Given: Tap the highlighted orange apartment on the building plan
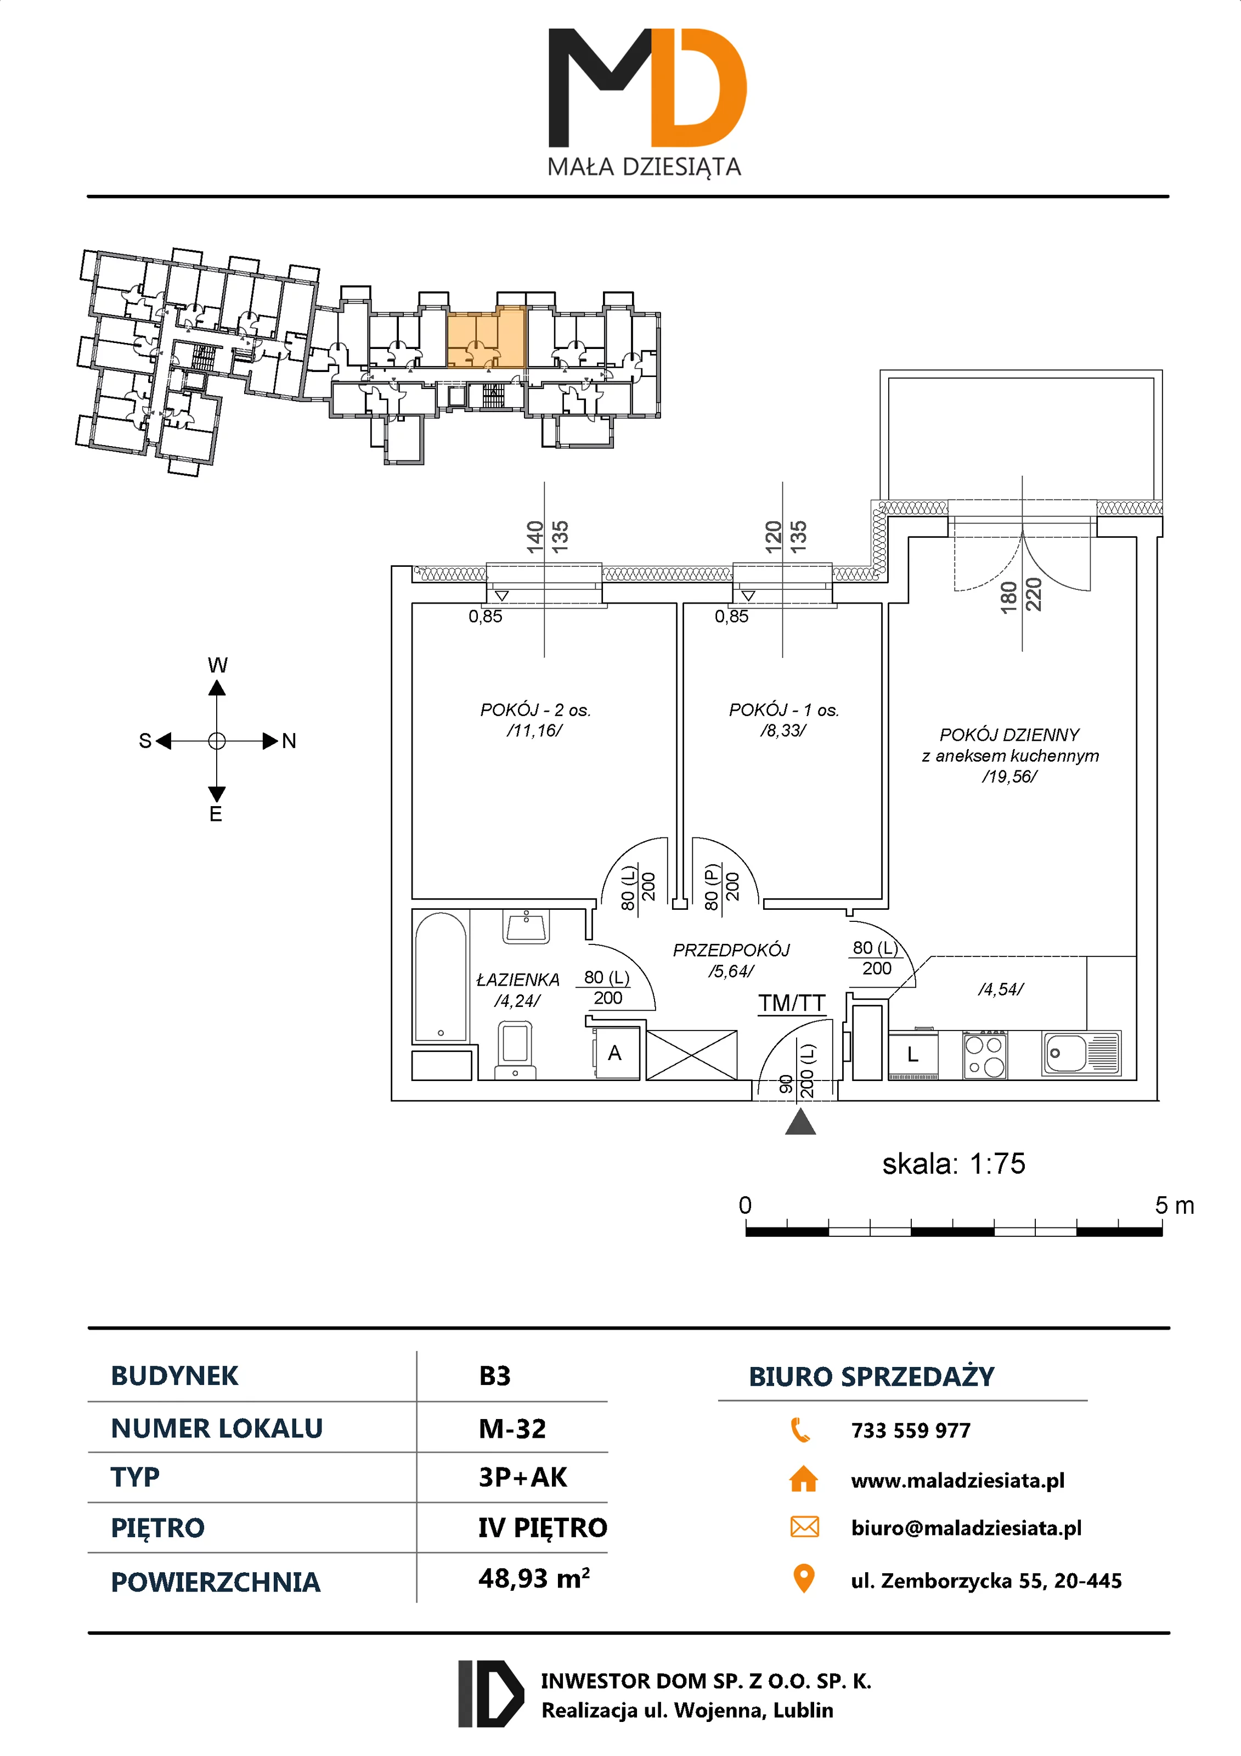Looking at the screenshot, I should [x=486, y=339].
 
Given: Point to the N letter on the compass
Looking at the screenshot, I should [x=289, y=740].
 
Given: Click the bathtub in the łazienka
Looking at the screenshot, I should [x=441, y=977].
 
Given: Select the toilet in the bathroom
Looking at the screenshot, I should [x=515, y=1049].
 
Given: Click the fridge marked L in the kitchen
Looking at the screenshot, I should [x=913, y=1055].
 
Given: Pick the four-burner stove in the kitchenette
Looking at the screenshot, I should [x=985, y=1055].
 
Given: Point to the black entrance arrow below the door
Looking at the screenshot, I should [x=800, y=1122].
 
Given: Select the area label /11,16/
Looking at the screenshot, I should [x=534, y=730].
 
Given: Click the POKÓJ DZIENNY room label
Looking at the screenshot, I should [x=1009, y=735].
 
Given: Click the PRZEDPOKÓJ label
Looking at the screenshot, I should [x=731, y=950].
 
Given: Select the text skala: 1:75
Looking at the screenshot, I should [x=954, y=1164].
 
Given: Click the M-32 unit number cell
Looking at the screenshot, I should [x=512, y=1428].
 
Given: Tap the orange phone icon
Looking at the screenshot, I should [x=800, y=1429].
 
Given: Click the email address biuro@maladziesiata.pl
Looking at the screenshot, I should [x=966, y=1528].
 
